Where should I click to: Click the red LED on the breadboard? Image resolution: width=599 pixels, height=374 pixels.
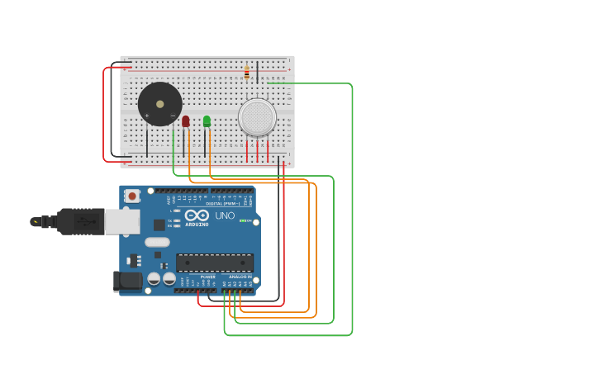(185, 121)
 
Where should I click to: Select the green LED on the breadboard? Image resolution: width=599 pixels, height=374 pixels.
(207, 121)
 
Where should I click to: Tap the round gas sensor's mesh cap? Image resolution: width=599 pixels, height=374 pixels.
(257, 117)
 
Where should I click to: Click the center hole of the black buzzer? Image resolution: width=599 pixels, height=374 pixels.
(159, 104)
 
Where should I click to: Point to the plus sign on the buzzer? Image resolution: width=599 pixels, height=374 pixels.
(147, 116)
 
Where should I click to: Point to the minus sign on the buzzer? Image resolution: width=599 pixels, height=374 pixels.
(173, 116)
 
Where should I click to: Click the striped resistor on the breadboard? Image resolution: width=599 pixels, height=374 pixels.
(246, 73)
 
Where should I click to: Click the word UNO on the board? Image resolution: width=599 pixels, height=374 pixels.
(225, 215)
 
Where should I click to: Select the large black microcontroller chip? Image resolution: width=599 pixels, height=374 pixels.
(215, 263)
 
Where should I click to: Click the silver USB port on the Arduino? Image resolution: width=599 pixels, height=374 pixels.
(121, 220)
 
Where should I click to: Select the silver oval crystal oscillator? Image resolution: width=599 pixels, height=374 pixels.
(157, 243)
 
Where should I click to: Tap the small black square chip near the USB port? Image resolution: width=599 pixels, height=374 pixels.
(159, 225)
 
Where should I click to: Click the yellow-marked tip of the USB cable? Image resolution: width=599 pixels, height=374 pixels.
(36, 221)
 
